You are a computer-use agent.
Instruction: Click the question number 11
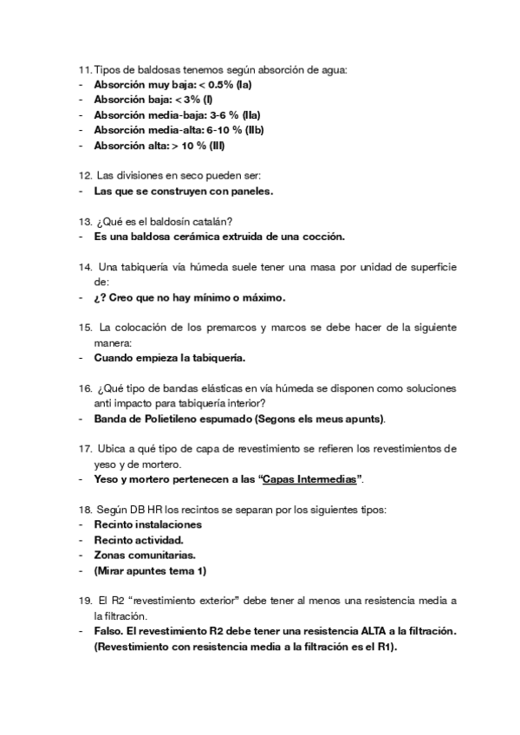84,69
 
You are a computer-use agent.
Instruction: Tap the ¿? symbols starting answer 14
101,297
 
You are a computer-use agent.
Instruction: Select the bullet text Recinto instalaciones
147,524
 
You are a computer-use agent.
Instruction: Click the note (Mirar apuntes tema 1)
149,570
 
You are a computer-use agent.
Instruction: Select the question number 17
85,449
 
